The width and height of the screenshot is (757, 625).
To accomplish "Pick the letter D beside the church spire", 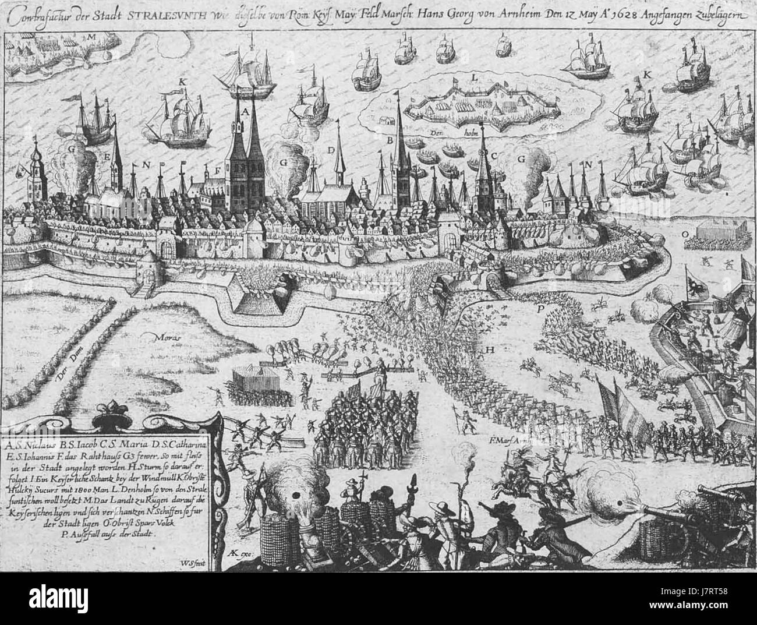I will (331, 150).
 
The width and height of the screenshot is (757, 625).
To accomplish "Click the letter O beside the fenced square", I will (685, 232).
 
